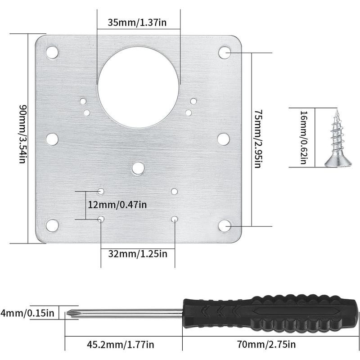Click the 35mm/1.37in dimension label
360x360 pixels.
coord(137,22)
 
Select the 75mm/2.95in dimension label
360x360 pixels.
coord(258,139)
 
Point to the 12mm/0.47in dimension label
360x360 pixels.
coord(117,205)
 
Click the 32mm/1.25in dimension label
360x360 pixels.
coord(138,254)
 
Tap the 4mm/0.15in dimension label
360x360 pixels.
coord(27,313)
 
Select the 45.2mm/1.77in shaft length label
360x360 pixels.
coord(120,344)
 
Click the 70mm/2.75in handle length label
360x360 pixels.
coord(266,344)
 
